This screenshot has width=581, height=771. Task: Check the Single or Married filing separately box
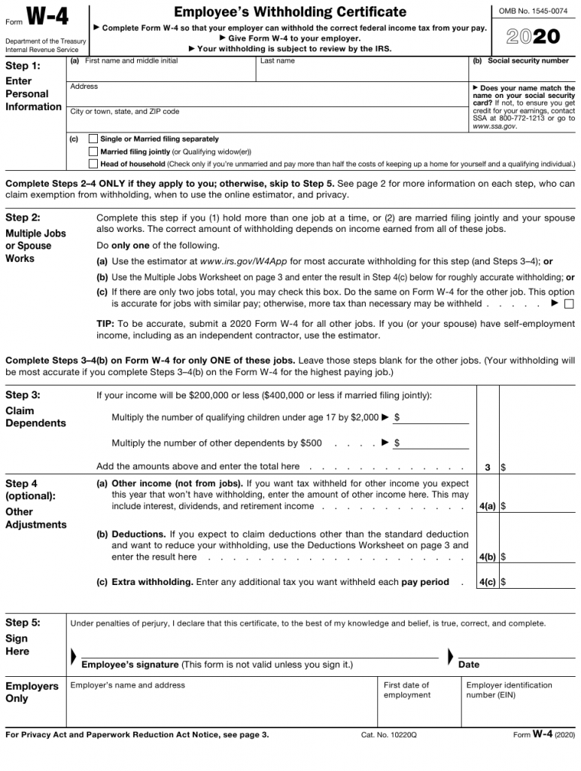click(93, 139)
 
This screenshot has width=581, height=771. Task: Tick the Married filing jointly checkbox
click(93, 151)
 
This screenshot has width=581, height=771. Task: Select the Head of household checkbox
click(93, 163)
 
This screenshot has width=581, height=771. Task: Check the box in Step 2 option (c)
click(568, 304)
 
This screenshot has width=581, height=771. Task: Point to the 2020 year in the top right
click(533, 37)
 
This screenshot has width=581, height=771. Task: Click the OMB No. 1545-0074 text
click(533, 11)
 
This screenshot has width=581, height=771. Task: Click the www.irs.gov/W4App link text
click(244, 262)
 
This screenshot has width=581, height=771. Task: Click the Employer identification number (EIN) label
click(509, 690)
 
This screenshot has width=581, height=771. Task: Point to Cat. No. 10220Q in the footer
click(388, 735)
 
